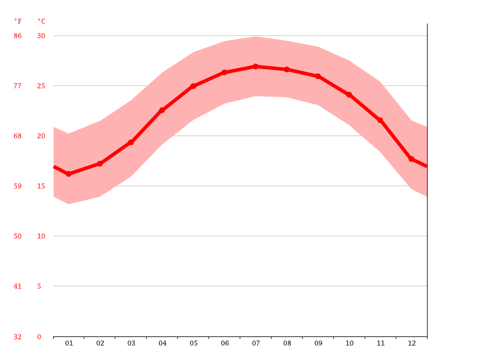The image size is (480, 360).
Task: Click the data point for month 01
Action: click(69, 174)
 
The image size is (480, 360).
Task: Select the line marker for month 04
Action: click(162, 110)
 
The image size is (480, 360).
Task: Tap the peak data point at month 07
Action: click(256, 67)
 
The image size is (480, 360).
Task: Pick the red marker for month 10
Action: click(349, 95)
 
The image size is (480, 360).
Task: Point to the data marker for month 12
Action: click(411, 159)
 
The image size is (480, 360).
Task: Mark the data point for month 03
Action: click(131, 143)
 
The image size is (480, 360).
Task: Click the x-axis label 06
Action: click(224, 344)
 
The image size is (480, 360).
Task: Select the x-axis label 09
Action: click(318, 344)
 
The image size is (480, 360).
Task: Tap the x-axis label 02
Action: click(100, 344)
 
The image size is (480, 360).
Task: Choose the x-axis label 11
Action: click(380, 344)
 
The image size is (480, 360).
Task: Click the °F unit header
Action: click(18, 21)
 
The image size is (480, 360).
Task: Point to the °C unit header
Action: click(41, 21)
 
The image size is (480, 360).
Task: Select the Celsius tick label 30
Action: click(41, 36)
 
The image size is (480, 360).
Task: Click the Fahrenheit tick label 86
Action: click(18, 36)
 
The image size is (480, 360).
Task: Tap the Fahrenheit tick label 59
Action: click(18, 186)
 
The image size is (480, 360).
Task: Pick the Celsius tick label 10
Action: click(41, 236)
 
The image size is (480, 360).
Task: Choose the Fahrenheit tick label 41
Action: click(18, 286)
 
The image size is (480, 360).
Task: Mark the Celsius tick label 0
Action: click(39, 337)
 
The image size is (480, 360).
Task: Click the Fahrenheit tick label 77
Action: click(18, 86)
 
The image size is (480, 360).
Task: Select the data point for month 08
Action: click(287, 70)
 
